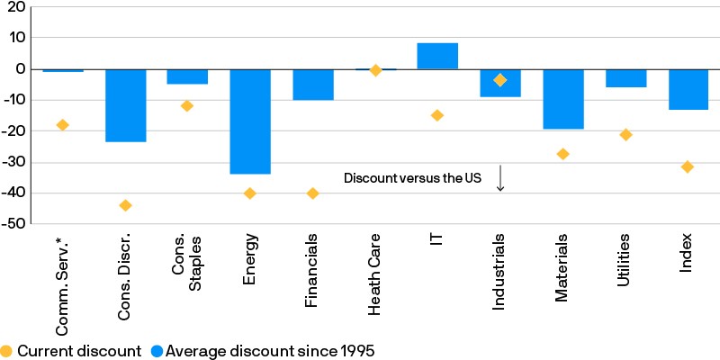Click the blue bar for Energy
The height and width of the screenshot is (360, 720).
point(250,121)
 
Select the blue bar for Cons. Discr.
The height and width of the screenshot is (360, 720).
point(125,105)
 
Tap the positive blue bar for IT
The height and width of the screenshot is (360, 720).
point(437,56)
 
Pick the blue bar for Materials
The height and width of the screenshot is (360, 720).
point(562,99)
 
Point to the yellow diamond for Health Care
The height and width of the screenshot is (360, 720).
point(375,70)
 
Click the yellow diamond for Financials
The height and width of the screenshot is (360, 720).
point(312,193)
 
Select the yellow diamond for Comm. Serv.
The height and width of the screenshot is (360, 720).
point(62,125)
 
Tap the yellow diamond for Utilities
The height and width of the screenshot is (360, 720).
point(625,135)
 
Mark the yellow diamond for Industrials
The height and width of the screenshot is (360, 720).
point(500,80)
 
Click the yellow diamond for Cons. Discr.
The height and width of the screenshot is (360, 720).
point(125,205)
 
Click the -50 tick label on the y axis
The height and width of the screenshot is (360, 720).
point(15,222)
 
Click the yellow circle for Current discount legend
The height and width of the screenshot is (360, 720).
point(8,351)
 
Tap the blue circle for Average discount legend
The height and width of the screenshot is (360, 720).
point(157,351)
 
